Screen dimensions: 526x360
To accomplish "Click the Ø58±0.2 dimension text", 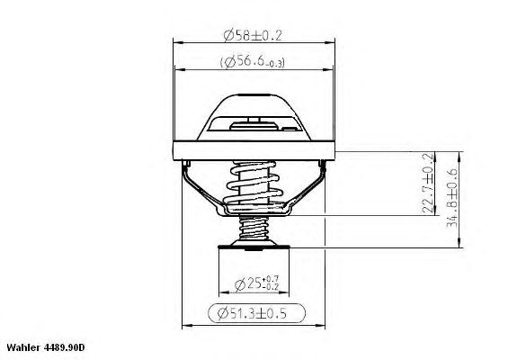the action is (x=253, y=35).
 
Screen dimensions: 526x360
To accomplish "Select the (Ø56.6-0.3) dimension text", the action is (x=253, y=62).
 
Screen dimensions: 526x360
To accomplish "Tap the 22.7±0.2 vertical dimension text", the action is (x=427, y=184).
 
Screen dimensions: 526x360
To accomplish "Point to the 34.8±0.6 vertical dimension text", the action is (x=452, y=197).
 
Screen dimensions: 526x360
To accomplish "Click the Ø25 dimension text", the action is (x=256, y=284).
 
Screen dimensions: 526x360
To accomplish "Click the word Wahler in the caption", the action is (x=23, y=347).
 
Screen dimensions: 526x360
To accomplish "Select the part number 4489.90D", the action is (x=65, y=347).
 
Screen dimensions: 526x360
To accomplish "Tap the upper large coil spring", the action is (x=254, y=184).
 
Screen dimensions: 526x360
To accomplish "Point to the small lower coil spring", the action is (x=254, y=228).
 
